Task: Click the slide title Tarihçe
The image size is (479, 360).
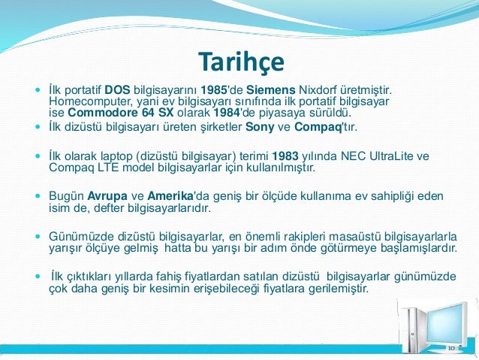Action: point(241,62)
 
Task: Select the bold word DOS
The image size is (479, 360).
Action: point(117,90)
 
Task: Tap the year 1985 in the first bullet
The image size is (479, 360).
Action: point(214,90)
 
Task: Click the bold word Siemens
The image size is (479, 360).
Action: point(271,90)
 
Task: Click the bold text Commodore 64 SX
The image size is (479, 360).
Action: point(121,113)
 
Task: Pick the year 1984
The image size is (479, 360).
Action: point(227,113)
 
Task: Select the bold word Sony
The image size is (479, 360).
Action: point(260,127)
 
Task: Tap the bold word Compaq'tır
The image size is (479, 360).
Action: point(326,127)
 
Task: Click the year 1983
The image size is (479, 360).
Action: point(285,156)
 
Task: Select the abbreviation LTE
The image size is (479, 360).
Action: point(108,168)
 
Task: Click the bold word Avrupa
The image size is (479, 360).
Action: point(107,196)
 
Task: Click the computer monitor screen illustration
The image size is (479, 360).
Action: point(446,324)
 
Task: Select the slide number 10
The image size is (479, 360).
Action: point(451,349)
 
